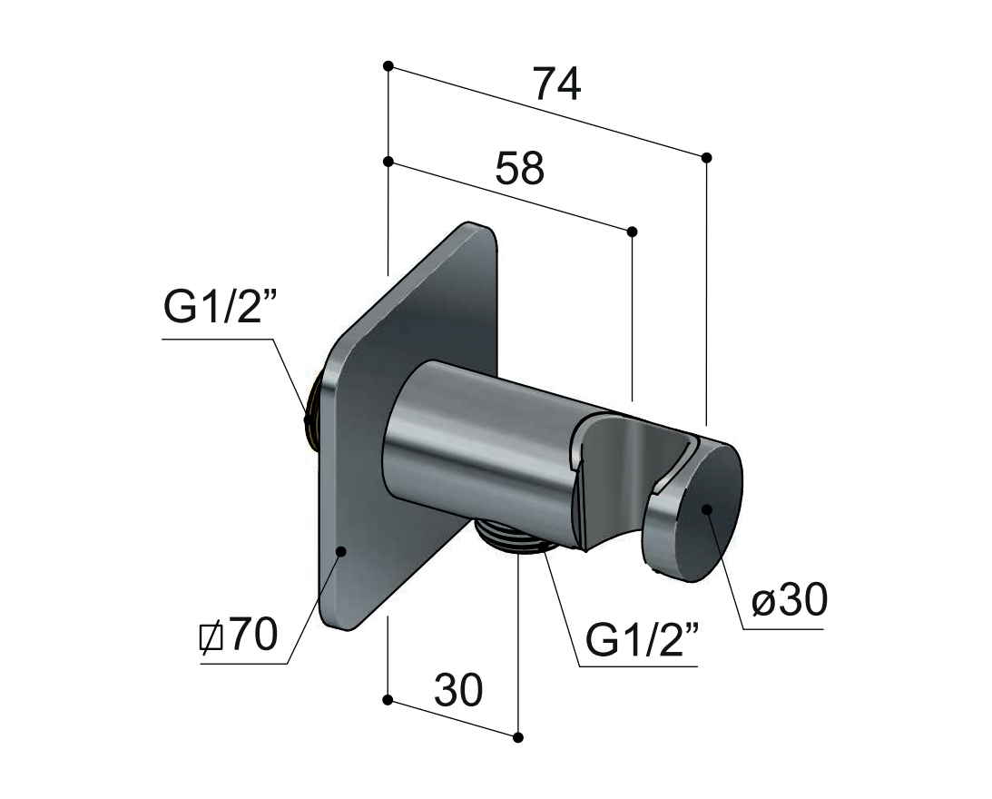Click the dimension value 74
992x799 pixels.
557,84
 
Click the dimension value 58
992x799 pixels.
519,168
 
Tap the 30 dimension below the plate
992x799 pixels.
458,690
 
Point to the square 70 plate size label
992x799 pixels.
238,634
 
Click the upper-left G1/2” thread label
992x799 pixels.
221,307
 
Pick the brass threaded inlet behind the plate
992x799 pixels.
312,411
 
